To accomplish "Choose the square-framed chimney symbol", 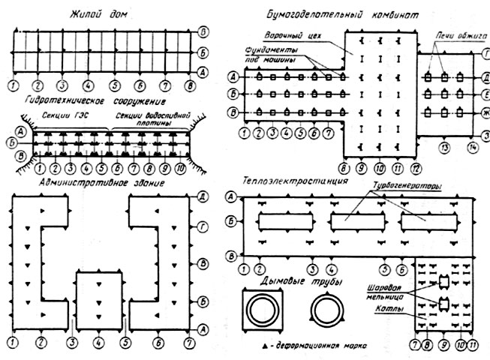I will [263, 310].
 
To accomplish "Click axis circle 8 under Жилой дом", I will [190, 85].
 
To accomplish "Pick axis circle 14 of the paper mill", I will [472, 148].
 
